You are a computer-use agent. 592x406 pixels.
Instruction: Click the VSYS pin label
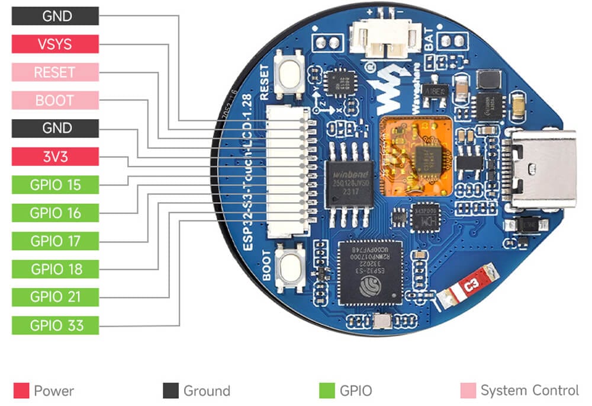click(x=55, y=44)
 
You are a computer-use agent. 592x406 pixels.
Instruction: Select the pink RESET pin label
click(x=55, y=72)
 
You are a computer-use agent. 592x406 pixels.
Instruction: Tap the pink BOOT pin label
click(x=55, y=100)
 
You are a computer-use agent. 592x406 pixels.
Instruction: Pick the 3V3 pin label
click(x=55, y=156)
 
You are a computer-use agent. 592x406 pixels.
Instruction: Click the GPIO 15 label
click(x=55, y=185)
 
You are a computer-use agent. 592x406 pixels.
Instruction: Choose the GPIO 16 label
click(x=55, y=213)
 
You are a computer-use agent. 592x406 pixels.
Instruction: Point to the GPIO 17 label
click(x=55, y=241)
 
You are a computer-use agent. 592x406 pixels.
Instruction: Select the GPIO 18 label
click(x=55, y=269)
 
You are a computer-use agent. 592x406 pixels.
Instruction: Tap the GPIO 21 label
click(x=55, y=297)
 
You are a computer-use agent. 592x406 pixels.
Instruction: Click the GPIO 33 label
click(x=55, y=325)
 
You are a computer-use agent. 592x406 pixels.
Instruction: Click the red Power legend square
click(x=21, y=391)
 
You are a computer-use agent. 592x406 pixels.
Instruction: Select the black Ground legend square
click(x=170, y=391)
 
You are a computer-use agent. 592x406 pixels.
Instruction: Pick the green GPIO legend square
click(x=327, y=391)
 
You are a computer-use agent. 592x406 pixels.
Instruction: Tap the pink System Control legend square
click(x=468, y=391)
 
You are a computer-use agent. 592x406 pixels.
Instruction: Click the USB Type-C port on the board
click(x=543, y=169)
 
